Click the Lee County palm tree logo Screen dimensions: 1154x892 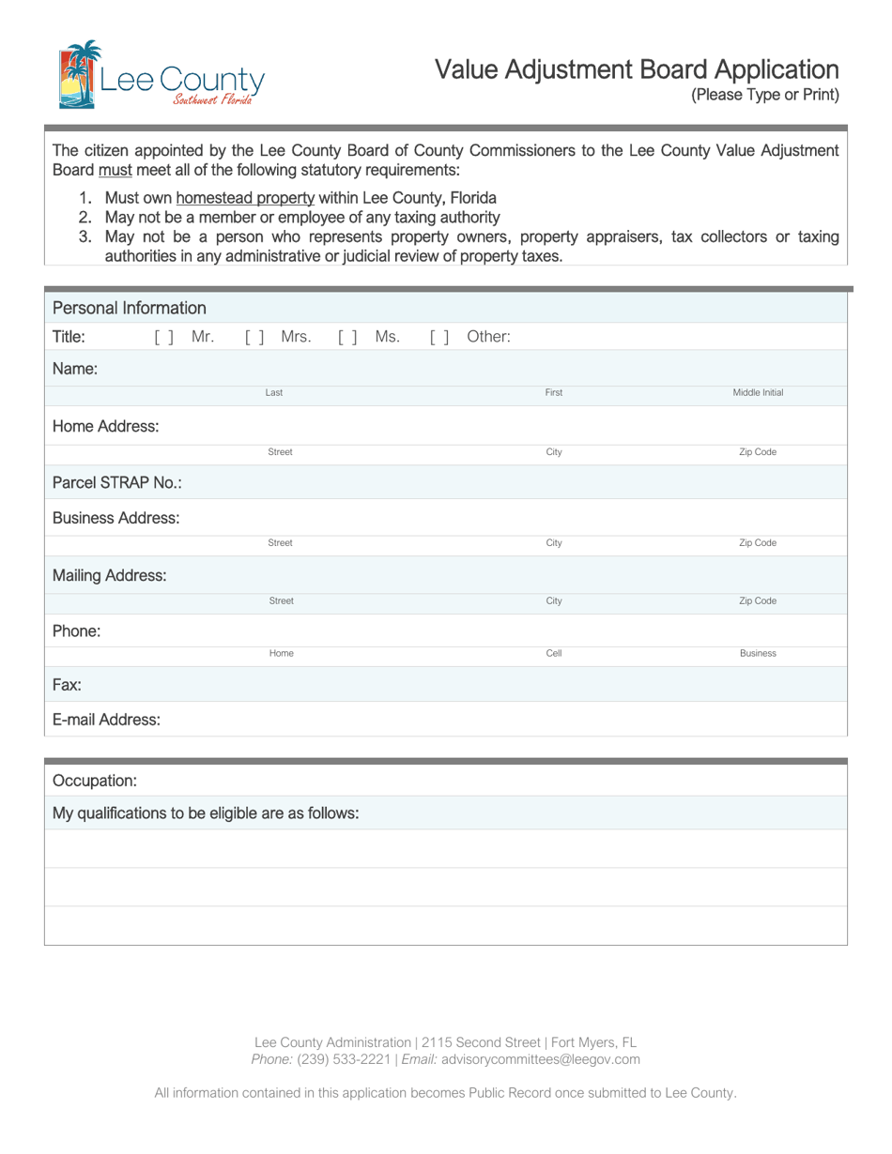pyautogui.click(x=79, y=74)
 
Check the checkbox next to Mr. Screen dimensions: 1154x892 pyautogui.click(x=163, y=337)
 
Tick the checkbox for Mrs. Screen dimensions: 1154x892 pyautogui.click(x=254, y=337)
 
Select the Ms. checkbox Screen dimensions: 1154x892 pyautogui.click(x=347, y=337)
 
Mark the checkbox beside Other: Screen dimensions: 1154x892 pyautogui.click(x=439, y=337)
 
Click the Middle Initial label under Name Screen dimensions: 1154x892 pyautogui.click(x=758, y=393)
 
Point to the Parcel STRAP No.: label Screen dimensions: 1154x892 pyautogui.click(x=117, y=482)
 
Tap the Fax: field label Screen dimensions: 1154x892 pyautogui.click(x=67, y=685)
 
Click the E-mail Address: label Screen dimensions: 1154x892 pyautogui.click(x=106, y=720)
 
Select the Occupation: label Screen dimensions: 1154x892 pyautogui.click(x=95, y=781)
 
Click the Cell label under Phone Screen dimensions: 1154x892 pyautogui.click(x=554, y=653)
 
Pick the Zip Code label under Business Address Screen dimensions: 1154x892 pyautogui.click(x=758, y=543)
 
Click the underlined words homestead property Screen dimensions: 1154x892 pyautogui.click(x=245, y=198)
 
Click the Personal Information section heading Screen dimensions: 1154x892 pyautogui.click(x=130, y=308)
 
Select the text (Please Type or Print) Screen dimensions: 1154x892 pyautogui.click(x=764, y=95)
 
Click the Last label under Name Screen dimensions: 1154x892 pyautogui.click(x=274, y=393)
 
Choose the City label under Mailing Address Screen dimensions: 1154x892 pyautogui.click(x=554, y=600)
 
